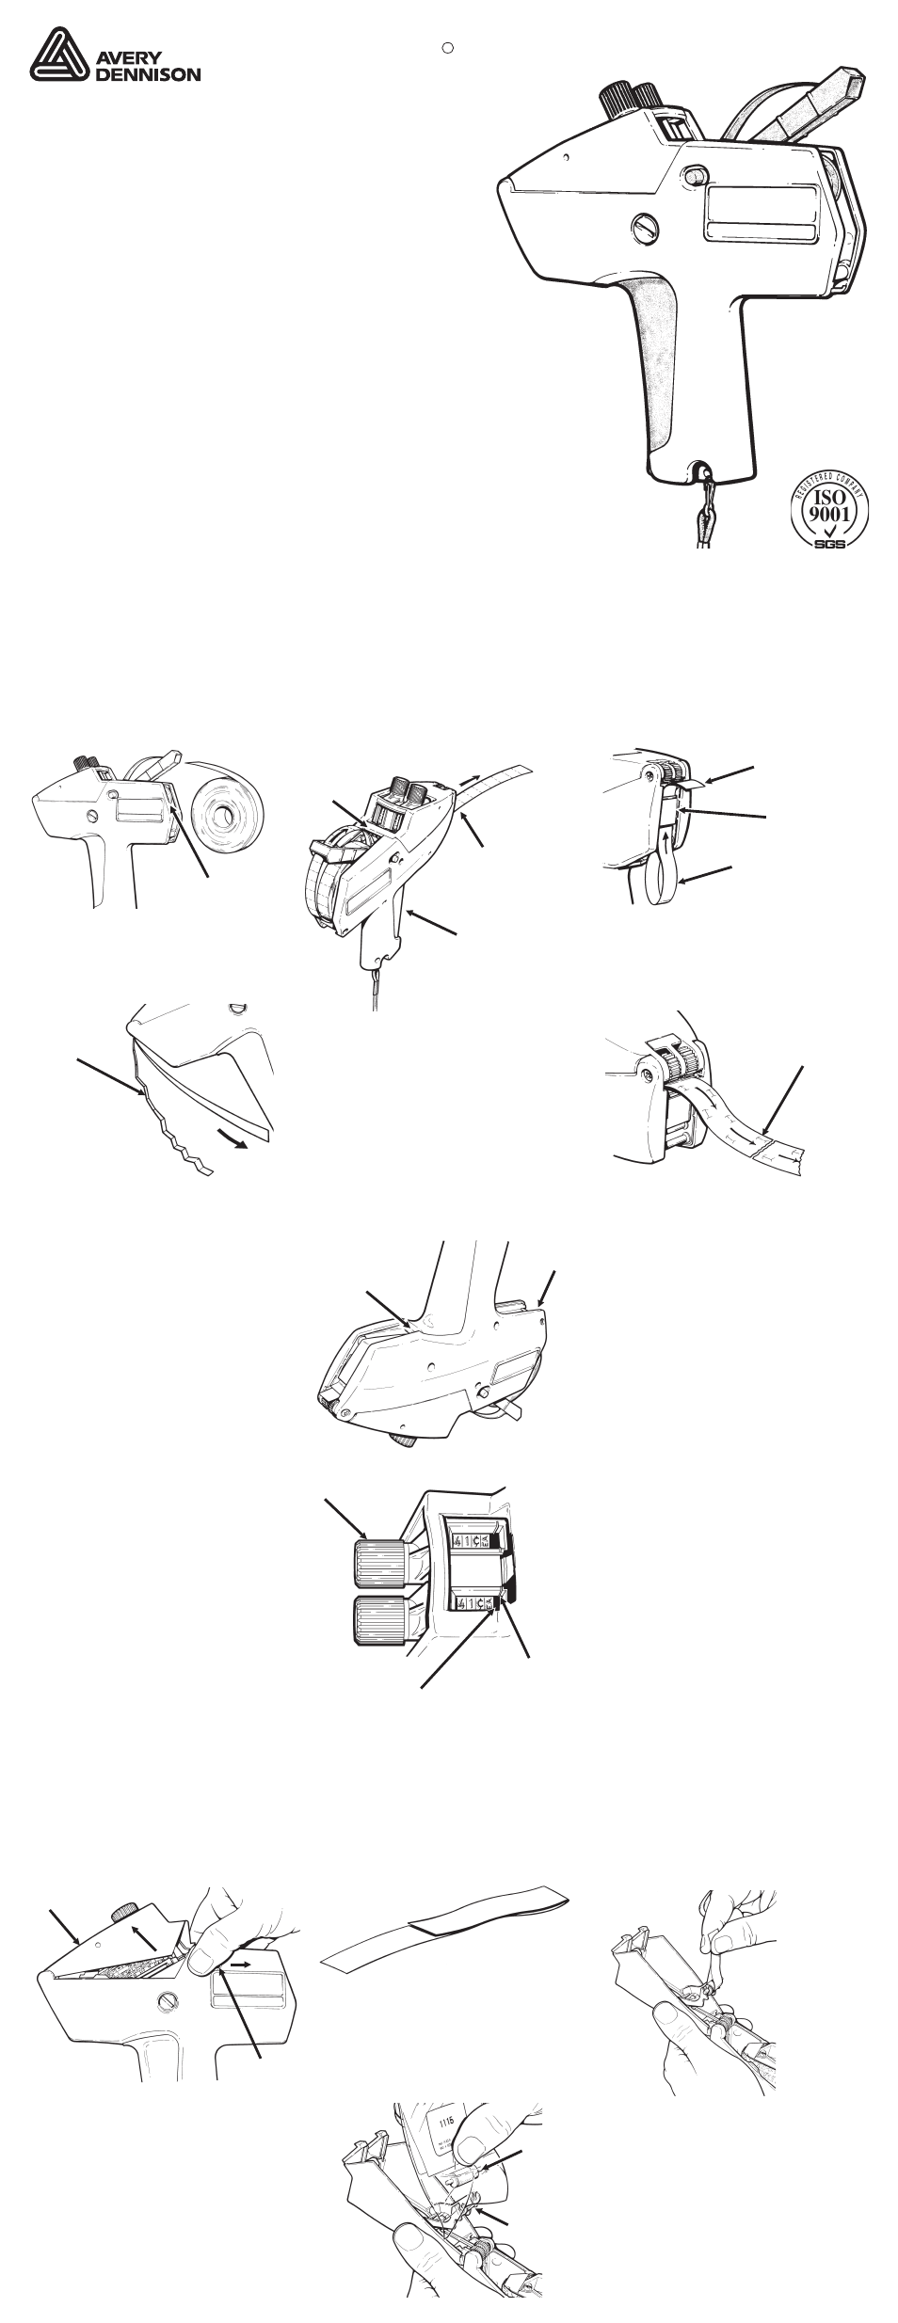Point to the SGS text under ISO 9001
pyautogui.click(x=828, y=544)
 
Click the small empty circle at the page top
pyautogui.click(x=449, y=45)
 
